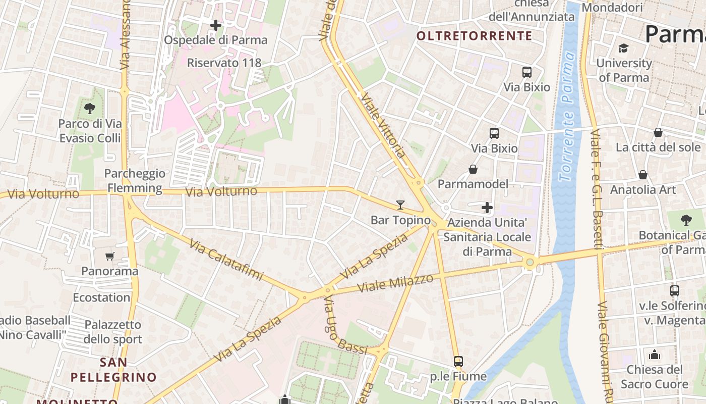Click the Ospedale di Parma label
[216, 40]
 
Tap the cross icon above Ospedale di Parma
[216, 25]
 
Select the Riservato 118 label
[224, 63]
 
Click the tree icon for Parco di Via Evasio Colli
[90, 108]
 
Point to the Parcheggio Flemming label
[135, 181]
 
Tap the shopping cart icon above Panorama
[110, 256]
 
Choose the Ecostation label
[101, 297]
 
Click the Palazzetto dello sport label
[113, 332]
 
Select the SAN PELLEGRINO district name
[113, 370]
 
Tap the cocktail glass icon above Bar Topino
[400, 205]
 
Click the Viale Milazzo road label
[395, 283]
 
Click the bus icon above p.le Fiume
[458, 362]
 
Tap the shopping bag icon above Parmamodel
[473, 169]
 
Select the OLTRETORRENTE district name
[475, 36]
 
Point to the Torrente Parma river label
[568, 116]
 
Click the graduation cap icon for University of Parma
[624, 48]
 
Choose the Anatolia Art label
[643, 190]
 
